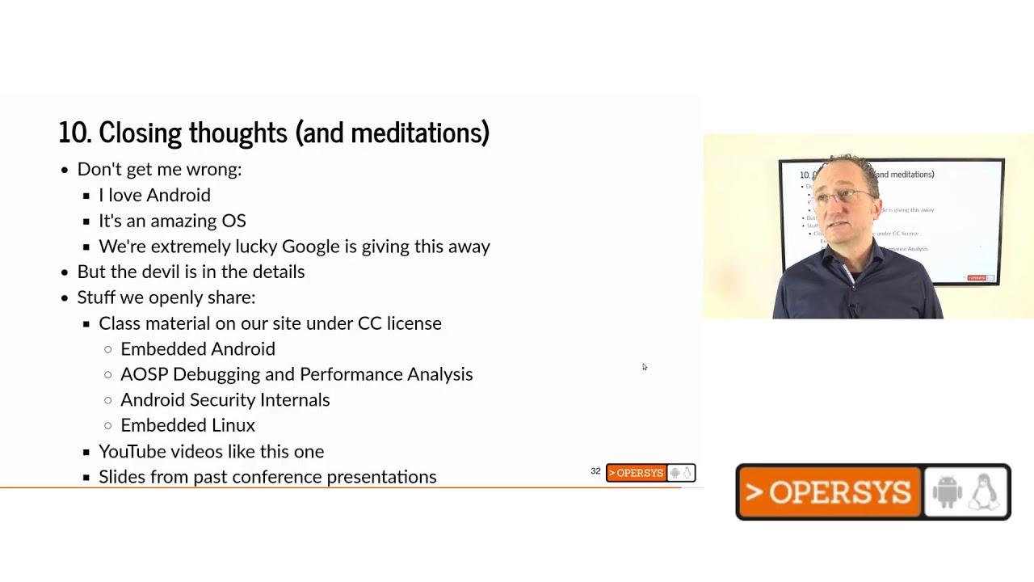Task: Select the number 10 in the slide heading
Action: point(74,133)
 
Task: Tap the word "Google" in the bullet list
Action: point(310,247)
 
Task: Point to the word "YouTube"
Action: point(132,452)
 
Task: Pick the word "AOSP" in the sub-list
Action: point(144,374)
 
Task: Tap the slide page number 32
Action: point(595,471)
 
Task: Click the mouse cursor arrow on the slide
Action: point(645,367)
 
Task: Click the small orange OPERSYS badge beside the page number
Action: point(636,473)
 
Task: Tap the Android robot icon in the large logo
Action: point(948,491)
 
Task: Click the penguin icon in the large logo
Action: point(985,491)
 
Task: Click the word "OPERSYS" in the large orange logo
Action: point(839,492)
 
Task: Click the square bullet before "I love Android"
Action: point(86,196)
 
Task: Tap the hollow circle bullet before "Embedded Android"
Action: point(108,350)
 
